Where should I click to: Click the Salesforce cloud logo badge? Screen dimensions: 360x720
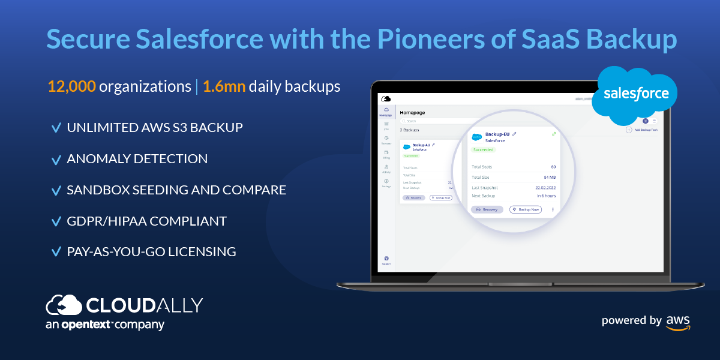pos(635,95)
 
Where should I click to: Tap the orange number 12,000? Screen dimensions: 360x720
pos(71,86)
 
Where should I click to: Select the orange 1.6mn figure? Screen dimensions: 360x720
pos(224,86)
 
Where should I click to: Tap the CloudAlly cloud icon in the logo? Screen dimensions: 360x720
pos(64,305)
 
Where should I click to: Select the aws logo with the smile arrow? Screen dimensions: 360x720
pos(678,322)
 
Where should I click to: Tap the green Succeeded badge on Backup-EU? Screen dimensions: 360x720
pos(484,149)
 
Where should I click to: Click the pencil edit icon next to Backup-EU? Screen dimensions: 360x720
pos(514,134)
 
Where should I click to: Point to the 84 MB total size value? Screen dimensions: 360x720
pos(549,177)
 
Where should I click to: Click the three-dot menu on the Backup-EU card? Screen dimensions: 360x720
pos(553,209)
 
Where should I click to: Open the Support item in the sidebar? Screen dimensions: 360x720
pos(386,260)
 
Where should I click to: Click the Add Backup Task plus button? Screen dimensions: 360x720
pos(629,130)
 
